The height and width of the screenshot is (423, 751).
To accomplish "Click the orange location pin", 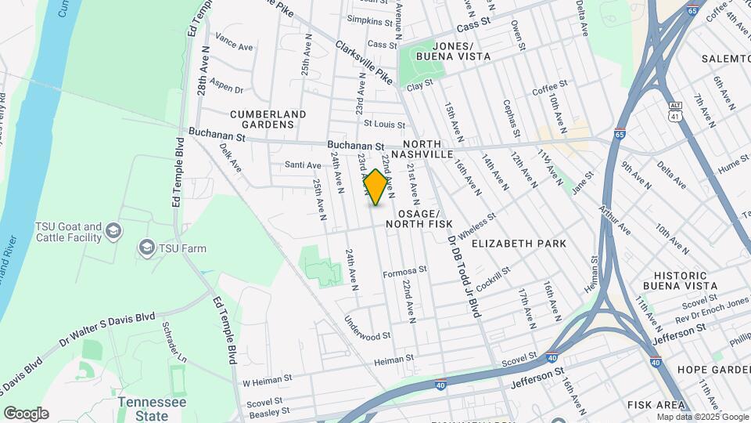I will (375, 187).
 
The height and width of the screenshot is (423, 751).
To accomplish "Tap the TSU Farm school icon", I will (146, 248).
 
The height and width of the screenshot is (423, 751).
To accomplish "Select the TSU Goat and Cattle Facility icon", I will (114, 230).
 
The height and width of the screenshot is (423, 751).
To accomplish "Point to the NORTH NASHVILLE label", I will (428, 149).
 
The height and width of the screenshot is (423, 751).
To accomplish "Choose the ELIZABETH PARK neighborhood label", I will (519, 244).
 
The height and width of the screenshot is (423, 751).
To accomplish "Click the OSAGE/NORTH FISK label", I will (425, 219).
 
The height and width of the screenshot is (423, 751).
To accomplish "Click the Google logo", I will (26, 414).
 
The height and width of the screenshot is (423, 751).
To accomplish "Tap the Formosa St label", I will (404, 270).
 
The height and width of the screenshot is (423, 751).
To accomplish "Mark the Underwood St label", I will (367, 329).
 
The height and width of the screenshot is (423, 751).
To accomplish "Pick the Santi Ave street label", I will (303, 165).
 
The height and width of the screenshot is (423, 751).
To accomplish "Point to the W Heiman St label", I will (267, 379).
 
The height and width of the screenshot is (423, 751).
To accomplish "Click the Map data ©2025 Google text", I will (702, 417).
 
